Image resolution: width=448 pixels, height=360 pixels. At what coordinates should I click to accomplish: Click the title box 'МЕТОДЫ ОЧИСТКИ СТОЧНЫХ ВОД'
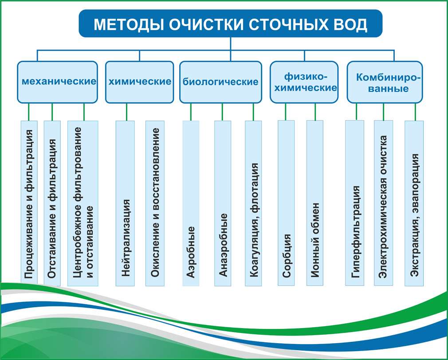coord(230,23)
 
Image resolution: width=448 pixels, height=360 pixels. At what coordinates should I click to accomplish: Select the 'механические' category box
coord(57,82)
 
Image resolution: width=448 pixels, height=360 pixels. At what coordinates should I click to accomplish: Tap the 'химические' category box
coord(139,82)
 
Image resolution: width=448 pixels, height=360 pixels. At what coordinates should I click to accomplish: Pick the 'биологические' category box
coord(220,82)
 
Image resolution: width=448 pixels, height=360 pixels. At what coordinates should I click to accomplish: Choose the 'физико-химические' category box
coord(304,82)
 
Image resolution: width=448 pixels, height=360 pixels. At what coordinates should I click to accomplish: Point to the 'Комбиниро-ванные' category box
coord(385,82)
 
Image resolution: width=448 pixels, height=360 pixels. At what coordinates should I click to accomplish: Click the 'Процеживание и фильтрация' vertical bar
coord(29,203)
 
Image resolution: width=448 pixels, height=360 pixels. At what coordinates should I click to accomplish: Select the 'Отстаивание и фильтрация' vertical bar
coord(52,203)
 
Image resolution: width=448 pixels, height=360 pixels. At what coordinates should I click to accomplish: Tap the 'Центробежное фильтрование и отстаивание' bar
coord(83,203)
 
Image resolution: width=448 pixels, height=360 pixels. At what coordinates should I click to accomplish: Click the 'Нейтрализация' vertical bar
coord(125,203)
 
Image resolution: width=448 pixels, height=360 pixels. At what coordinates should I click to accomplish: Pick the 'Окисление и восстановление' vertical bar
coord(155,203)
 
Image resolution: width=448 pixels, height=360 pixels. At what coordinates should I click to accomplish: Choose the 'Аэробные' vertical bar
coord(191,203)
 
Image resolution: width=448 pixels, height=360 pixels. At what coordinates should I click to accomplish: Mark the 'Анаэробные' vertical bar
coord(223,203)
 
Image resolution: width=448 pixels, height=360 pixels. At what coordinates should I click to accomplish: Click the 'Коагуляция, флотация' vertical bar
coord(253,203)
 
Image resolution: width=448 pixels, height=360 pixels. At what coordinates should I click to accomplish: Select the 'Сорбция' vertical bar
coord(286,203)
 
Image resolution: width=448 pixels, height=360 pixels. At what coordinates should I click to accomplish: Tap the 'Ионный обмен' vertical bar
coord(315,203)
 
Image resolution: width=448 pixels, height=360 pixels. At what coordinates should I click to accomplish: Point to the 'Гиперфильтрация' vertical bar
coord(354,203)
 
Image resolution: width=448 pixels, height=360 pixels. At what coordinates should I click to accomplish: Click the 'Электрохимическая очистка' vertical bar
coord(383,203)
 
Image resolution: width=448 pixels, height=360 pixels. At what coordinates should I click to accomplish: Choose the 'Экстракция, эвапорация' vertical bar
coord(414,203)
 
